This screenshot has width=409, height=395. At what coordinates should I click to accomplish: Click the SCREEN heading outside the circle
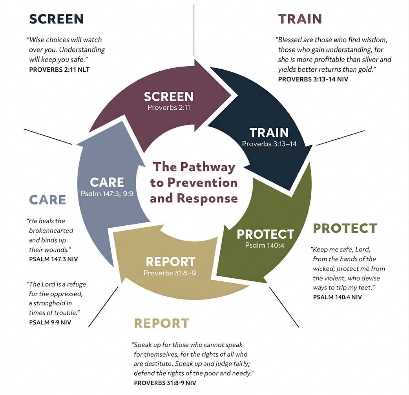(57, 19)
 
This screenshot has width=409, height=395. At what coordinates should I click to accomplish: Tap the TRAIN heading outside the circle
(300, 19)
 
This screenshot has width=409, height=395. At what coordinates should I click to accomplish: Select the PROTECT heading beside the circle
(345, 228)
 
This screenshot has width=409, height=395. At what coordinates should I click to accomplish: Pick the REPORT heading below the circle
(162, 323)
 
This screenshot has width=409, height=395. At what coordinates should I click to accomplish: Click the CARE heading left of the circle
(47, 200)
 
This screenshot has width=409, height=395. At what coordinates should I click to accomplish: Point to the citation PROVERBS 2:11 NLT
(59, 70)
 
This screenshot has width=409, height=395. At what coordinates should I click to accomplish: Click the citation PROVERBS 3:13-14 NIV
(313, 80)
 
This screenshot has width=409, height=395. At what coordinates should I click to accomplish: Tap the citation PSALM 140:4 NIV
(337, 297)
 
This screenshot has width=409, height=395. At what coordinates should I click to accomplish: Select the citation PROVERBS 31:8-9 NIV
(165, 383)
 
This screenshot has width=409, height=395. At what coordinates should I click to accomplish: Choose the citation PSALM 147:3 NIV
(53, 259)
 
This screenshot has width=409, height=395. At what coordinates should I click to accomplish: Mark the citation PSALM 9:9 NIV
(50, 323)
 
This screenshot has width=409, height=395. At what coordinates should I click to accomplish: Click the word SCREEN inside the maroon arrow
(169, 97)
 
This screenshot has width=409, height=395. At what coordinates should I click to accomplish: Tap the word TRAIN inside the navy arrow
(269, 133)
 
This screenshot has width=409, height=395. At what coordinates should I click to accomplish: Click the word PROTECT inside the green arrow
(266, 234)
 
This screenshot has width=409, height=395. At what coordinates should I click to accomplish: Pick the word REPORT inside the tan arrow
(171, 262)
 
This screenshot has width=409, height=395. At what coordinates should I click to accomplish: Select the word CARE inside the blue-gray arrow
(107, 182)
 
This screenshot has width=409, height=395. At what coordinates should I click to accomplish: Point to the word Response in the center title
(207, 198)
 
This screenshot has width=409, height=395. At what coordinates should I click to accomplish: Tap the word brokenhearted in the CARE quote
(51, 231)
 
